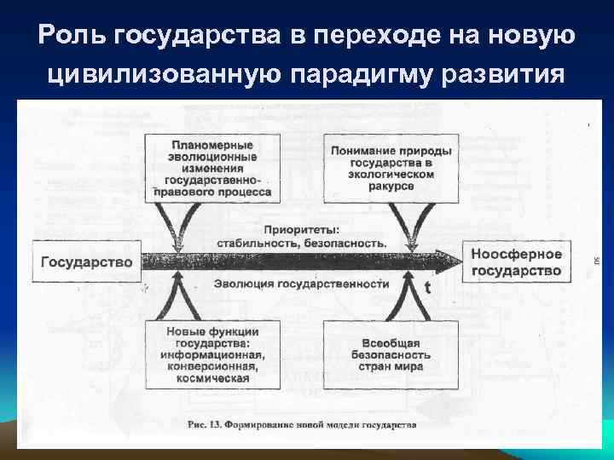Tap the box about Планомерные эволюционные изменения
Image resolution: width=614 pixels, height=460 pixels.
pyautogui.click(x=212, y=169)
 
